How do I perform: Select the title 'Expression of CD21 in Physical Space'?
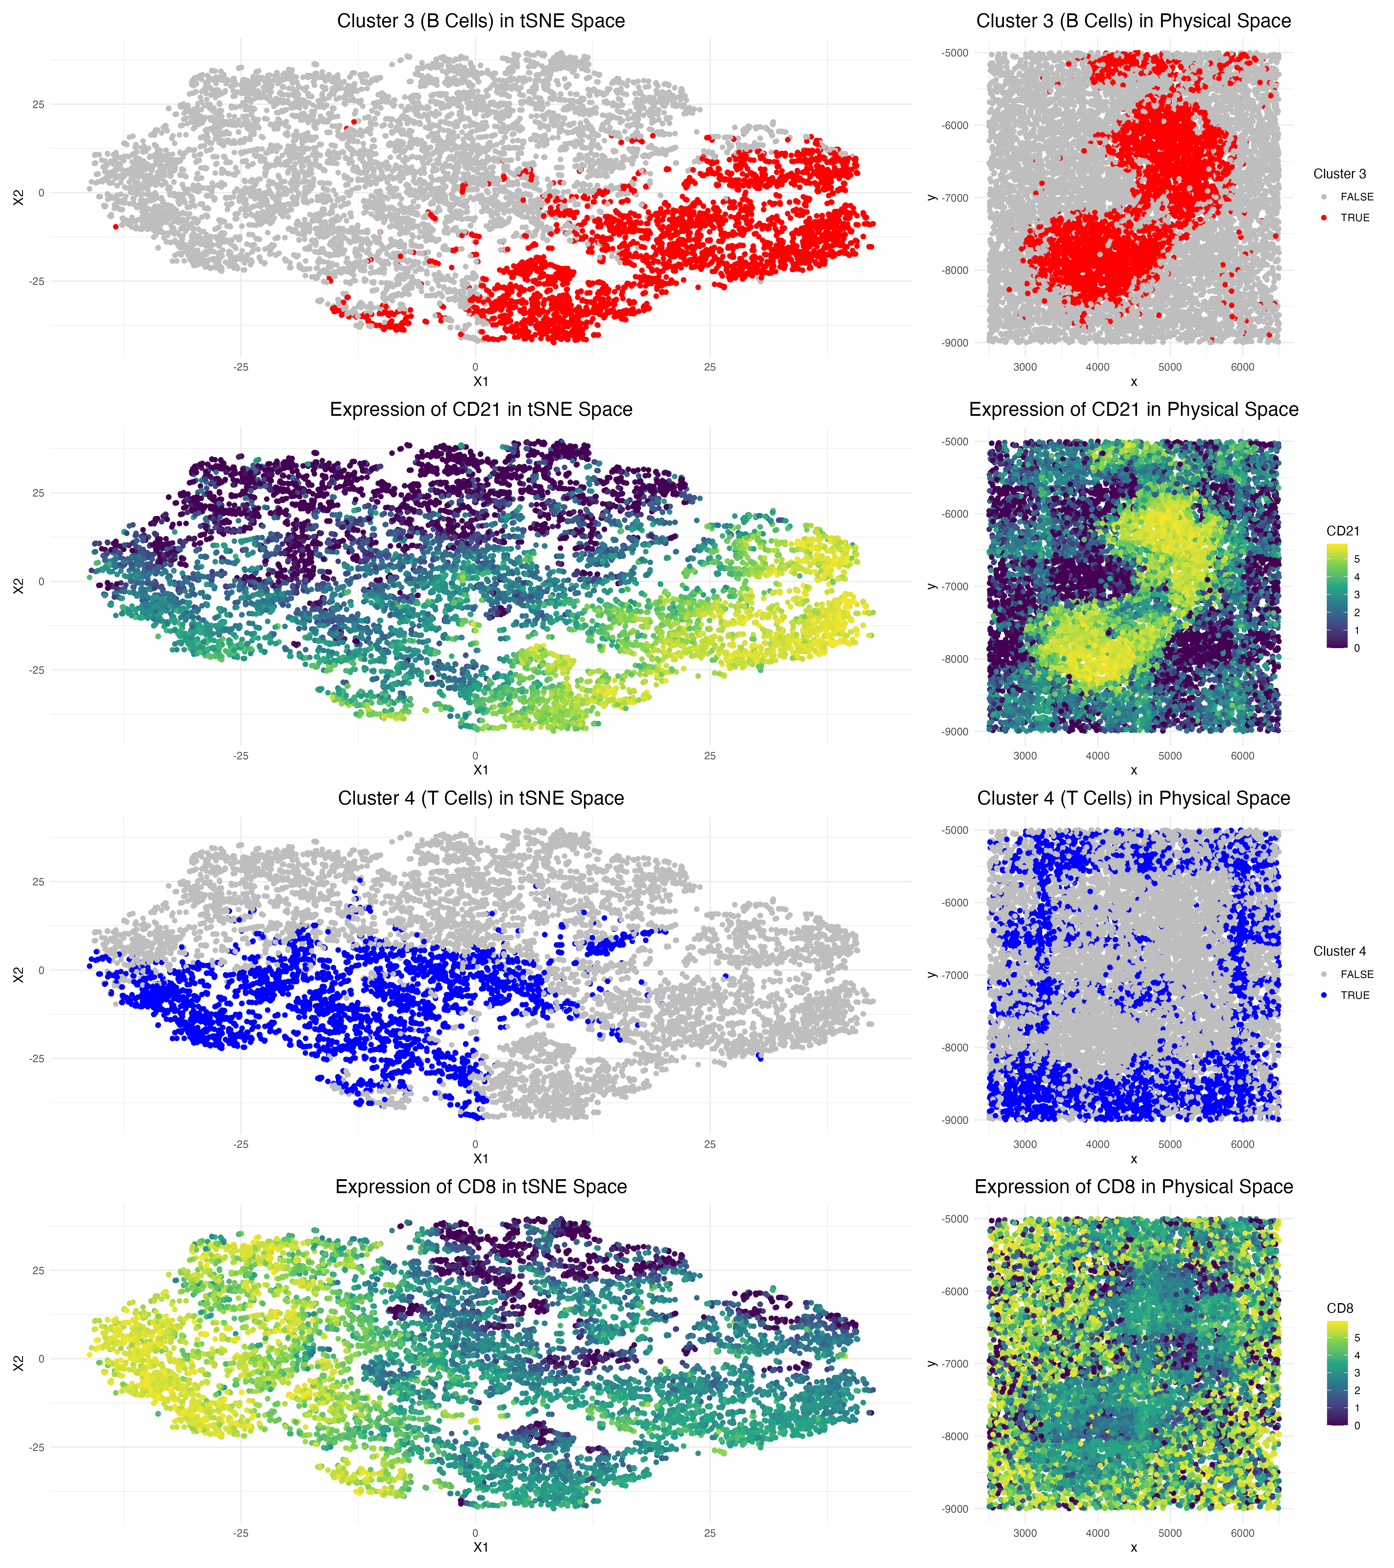1133,410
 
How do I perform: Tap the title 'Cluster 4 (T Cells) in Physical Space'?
1133,799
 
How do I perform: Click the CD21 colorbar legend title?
1343,531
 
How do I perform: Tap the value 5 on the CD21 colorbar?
1357,559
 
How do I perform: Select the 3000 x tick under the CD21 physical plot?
1025,756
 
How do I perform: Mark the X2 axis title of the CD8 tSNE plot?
18,1363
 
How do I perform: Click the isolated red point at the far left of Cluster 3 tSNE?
115,226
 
